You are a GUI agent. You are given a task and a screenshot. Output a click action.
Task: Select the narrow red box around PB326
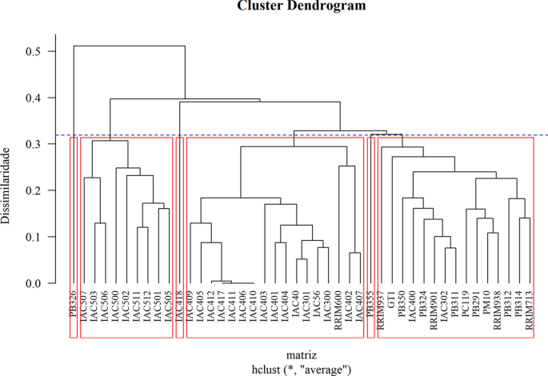coord(74,237)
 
